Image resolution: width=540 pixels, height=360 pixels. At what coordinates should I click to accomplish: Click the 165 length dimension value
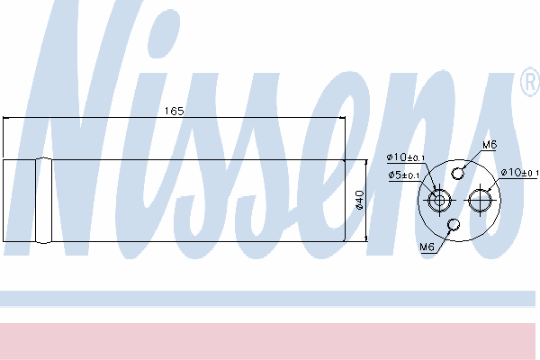pyautogui.click(x=174, y=111)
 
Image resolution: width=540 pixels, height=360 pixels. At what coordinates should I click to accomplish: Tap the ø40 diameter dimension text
pyautogui.click(x=359, y=200)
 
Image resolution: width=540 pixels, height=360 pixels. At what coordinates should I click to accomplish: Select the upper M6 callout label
pyautogui.click(x=490, y=145)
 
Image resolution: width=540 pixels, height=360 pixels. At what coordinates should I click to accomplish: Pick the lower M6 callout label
pyautogui.click(x=427, y=247)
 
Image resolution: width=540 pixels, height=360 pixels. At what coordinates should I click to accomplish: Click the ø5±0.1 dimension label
pyautogui.click(x=404, y=175)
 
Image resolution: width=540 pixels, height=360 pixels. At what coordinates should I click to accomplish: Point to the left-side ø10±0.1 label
pyautogui.click(x=406, y=157)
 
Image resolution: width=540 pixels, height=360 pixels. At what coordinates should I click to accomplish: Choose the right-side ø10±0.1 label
pyautogui.click(x=519, y=172)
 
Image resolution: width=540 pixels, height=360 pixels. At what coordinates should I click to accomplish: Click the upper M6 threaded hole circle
pyautogui.click(x=457, y=174)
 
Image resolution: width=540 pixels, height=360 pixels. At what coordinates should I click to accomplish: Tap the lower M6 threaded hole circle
pyautogui.click(x=454, y=225)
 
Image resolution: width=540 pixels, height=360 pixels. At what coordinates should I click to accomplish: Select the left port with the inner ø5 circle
pyautogui.click(x=439, y=200)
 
